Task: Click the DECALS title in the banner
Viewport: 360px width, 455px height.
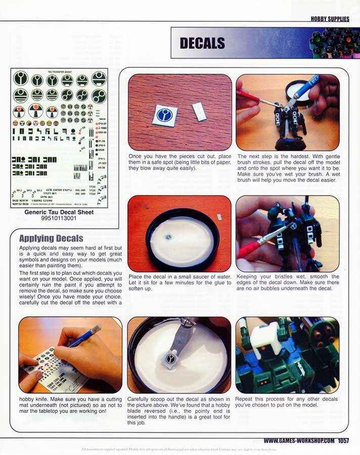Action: click(x=202, y=43)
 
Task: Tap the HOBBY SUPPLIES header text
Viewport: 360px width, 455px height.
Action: click(x=330, y=19)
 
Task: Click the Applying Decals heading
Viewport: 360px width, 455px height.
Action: click(x=51, y=238)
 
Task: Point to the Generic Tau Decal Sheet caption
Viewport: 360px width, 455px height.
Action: click(x=59, y=212)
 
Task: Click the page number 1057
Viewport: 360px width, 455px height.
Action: click(x=344, y=441)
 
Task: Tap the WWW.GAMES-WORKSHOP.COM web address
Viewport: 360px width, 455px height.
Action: click(x=299, y=441)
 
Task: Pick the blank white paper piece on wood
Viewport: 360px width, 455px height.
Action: click(x=198, y=111)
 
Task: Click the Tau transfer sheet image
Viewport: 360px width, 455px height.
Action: click(x=59, y=138)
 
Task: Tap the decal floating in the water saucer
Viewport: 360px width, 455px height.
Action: click(x=168, y=237)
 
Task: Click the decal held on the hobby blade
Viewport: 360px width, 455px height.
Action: click(x=172, y=359)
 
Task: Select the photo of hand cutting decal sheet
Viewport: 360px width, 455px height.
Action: click(x=70, y=355)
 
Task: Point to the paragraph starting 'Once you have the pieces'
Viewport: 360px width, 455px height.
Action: click(x=179, y=162)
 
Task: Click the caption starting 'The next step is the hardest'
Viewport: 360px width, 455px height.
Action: click(x=288, y=168)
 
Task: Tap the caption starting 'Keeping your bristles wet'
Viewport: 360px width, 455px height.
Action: click(x=288, y=282)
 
